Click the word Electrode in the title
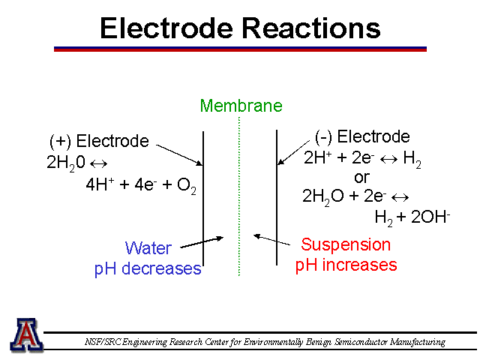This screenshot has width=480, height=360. pyautogui.click(x=166, y=28)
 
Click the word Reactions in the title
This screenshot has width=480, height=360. pyautogui.click(x=311, y=28)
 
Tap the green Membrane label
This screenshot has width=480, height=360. pyautogui.click(x=241, y=106)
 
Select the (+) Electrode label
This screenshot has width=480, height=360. pyautogui.click(x=99, y=142)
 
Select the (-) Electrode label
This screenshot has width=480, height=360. pyautogui.click(x=362, y=136)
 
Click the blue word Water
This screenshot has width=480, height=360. pyautogui.click(x=148, y=248)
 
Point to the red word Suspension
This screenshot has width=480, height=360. pyautogui.click(x=346, y=245)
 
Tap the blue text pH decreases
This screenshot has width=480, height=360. pyautogui.click(x=148, y=269)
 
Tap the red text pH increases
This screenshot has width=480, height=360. pyautogui.click(x=346, y=265)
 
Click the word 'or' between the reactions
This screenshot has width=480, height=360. pyautogui.click(x=361, y=178)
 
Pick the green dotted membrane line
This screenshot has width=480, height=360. pyautogui.click(x=239, y=196)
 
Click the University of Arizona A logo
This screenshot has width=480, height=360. pyautogui.click(x=27, y=334)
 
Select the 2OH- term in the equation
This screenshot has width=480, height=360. pyautogui.click(x=430, y=217)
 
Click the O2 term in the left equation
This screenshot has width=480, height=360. pyautogui.click(x=187, y=185)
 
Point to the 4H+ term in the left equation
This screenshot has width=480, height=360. pyautogui.click(x=100, y=184)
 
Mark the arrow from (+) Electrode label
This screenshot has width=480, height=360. pyautogui.click(x=179, y=155)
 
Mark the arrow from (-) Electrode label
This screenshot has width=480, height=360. pyautogui.click(x=293, y=153)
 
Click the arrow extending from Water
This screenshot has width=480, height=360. pyautogui.click(x=202, y=242)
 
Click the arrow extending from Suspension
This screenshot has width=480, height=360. pyautogui.click(x=271, y=240)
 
